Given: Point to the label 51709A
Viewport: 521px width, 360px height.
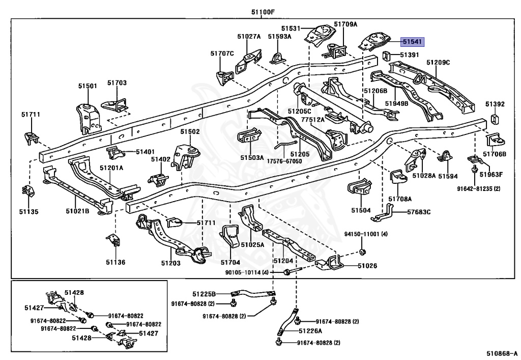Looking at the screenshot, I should point(345,24).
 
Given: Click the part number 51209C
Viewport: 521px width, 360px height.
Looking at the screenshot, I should point(438,62).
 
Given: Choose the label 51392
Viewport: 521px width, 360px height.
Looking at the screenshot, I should point(495,104).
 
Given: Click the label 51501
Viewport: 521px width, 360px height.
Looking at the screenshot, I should point(88,86).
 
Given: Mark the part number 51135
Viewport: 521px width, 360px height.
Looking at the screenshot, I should point(29,211).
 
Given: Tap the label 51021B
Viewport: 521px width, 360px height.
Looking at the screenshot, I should point(77,211).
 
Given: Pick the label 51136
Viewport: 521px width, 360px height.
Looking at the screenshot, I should point(115,262).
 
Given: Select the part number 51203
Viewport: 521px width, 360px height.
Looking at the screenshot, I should point(171,263).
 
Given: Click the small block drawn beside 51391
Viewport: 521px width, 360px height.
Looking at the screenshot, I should point(386,55).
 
